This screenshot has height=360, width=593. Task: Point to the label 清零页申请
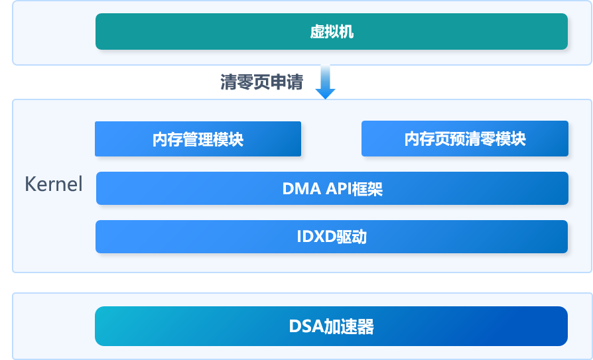261,82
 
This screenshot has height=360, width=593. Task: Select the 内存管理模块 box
198,139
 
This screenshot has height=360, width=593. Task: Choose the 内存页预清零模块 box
464,139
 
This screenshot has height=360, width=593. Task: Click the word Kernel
54,184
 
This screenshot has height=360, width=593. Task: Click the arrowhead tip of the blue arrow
325,97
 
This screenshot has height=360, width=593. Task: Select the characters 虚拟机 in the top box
332,32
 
